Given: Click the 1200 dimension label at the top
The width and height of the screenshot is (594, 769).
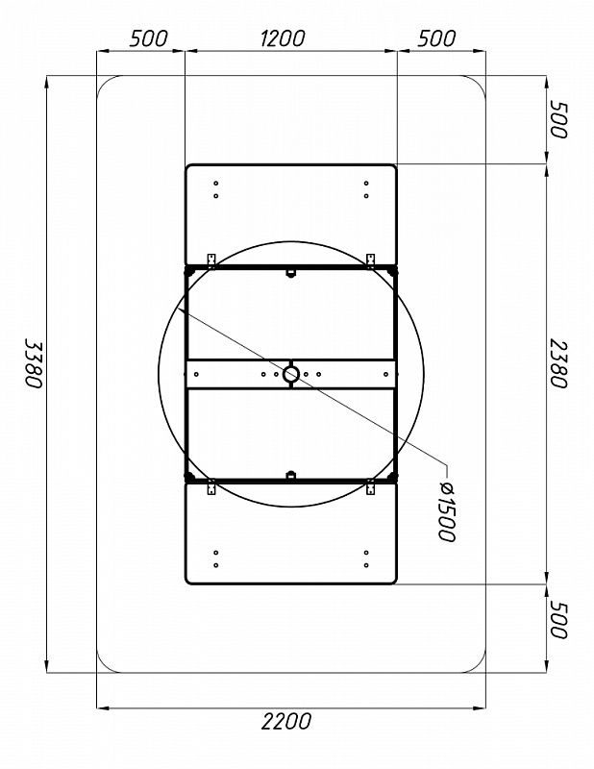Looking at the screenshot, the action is (x=282, y=38).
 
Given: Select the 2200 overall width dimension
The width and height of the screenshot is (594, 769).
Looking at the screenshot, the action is (x=286, y=722).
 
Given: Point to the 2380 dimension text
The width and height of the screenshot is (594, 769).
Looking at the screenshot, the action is (x=558, y=363).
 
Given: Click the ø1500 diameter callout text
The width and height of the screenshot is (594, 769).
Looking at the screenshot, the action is (x=446, y=511).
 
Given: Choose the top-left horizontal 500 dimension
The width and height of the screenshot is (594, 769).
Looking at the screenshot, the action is (x=149, y=38).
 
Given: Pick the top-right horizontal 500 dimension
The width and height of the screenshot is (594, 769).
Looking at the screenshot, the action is (x=436, y=38).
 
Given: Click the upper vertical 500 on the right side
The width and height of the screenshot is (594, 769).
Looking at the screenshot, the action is (x=558, y=119).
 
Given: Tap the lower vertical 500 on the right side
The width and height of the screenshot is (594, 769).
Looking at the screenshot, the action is (x=558, y=619).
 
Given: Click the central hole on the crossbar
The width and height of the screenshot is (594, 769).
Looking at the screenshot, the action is (x=291, y=374).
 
